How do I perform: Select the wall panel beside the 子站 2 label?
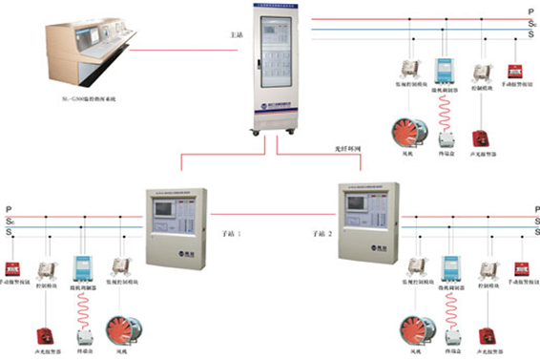363,222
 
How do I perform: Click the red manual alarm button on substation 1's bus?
14,268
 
